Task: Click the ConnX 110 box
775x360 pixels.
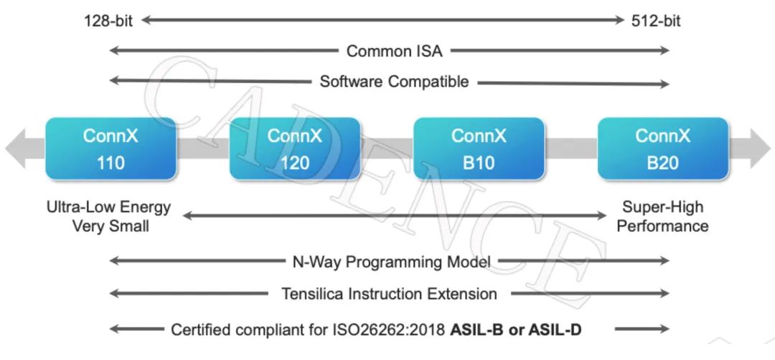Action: [x=111, y=148]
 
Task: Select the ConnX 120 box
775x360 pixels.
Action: [x=294, y=148]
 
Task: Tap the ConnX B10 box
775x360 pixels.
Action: [x=479, y=148]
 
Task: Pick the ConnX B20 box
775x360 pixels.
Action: [x=662, y=148]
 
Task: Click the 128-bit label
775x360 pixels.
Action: [x=109, y=20]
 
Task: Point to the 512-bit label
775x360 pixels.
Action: [x=656, y=20]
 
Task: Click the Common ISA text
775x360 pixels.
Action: [x=395, y=51]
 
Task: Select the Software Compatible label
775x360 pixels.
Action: [x=394, y=82]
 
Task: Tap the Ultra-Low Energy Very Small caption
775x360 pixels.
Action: [x=108, y=217]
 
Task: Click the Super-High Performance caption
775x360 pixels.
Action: [x=662, y=217]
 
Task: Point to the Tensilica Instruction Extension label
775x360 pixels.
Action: [x=389, y=293]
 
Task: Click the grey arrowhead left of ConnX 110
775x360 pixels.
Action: [x=16, y=148]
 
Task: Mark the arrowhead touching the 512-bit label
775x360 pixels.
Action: [x=619, y=20]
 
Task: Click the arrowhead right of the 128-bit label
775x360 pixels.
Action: [x=146, y=20]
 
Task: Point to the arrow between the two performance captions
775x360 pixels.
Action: [x=395, y=215]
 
